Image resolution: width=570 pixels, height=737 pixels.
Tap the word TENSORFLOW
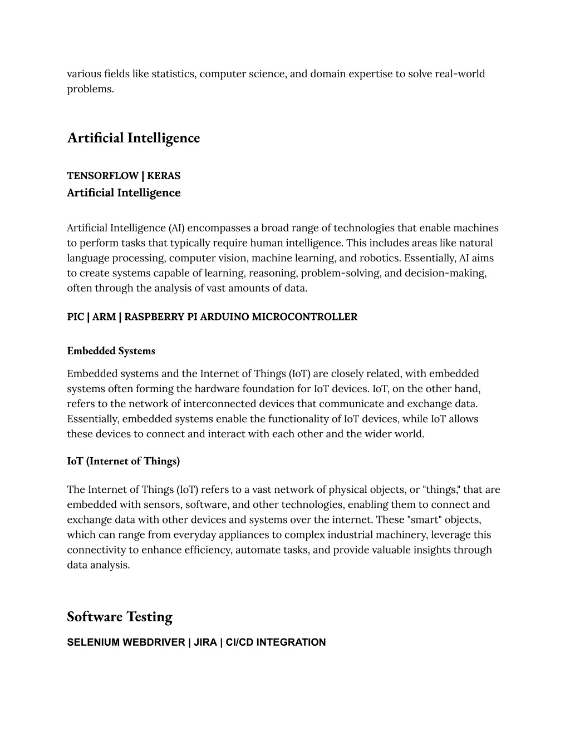coord(102,176)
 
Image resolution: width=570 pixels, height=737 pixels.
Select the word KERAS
coord(164,176)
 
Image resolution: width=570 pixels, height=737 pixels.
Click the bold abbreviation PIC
coord(75,317)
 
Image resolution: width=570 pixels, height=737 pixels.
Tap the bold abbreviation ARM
coord(104,317)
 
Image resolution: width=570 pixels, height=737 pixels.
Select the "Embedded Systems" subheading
coord(111,351)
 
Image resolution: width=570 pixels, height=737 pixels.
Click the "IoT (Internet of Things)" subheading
coord(123,461)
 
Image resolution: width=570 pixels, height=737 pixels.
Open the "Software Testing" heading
coord(120,617)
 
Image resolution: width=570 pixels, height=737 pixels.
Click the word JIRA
coord(205,642)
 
